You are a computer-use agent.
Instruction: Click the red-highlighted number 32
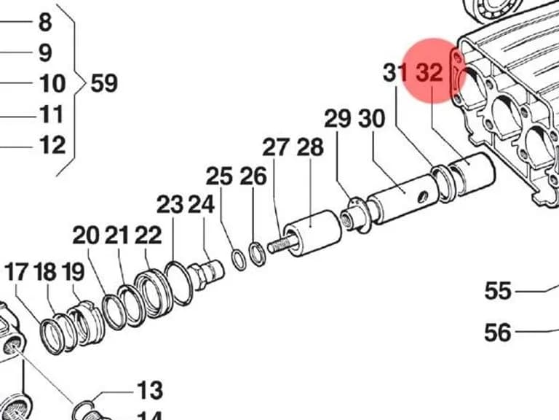coord(430,72)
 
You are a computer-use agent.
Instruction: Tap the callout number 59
coord(104,84)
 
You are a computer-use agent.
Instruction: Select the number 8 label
coord(45,22)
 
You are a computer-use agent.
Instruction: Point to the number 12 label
coord(52,145)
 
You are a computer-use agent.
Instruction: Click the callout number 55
coord(498,291)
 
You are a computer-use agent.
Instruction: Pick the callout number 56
coord(498,332)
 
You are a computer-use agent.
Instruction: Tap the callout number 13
coord(150,390)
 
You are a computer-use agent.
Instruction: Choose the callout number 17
coord(16,272)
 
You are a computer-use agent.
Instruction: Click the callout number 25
coord(219,176)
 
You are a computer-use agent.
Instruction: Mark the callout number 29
coord(338,119)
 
